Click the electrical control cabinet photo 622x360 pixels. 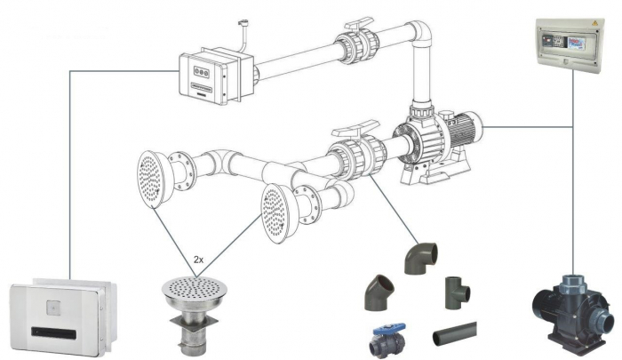(x=569, y=47)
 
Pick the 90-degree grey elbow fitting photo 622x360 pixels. (x=420, y=259)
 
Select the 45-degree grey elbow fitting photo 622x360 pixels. (x=379, y=292)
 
